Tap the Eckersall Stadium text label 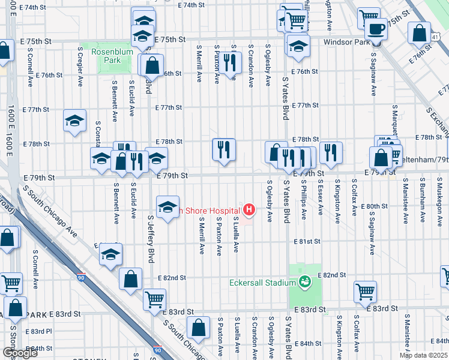pyautogui.click(x=262, y=283)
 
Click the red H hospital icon pyautogui.click(x=249, y=210)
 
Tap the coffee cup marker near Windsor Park pyautogui.click(x=376, y=28)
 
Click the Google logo pyautogui.click(x=20, y=353)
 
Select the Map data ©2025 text pyautogui.click(x=423, y=355)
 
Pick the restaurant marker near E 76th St pyautogui.click(x=229, y=61)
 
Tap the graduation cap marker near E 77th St pyautogui.click(x=74, y=120)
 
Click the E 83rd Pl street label pyautogui.click(x=41, y=331)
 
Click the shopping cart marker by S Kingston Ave pyautogui.click(x=365, y=292)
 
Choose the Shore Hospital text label pyautogui.click(x=213, y=210)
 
